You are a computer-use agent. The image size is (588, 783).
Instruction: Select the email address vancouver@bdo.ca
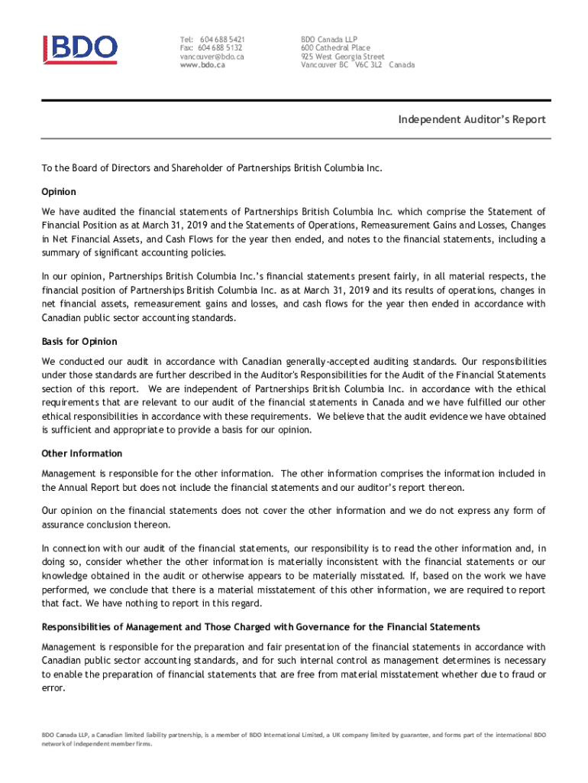point(212,57)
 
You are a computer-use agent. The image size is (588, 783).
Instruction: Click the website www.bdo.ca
point(202,66)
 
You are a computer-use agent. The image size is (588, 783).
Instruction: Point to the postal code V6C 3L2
point(368,66)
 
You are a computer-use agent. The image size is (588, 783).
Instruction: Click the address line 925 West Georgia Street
point(342,57)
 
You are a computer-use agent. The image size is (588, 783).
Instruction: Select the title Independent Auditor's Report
point(471,120)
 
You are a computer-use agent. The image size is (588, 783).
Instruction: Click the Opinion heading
point(59,191)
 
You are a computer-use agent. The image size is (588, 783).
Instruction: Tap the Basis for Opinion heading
point(79,341)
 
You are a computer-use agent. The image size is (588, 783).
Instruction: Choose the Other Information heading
point(82,453)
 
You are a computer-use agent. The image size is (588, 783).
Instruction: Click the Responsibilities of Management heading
point(260,627)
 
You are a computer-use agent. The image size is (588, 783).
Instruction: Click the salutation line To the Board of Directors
point(211,167)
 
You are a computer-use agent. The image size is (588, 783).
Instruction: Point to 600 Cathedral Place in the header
point(335,47)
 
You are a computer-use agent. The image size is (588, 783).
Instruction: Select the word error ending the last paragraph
point(53,687)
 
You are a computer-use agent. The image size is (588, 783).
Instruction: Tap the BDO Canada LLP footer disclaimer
point(294,739)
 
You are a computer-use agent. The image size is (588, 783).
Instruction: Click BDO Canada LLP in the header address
point(329,39)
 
